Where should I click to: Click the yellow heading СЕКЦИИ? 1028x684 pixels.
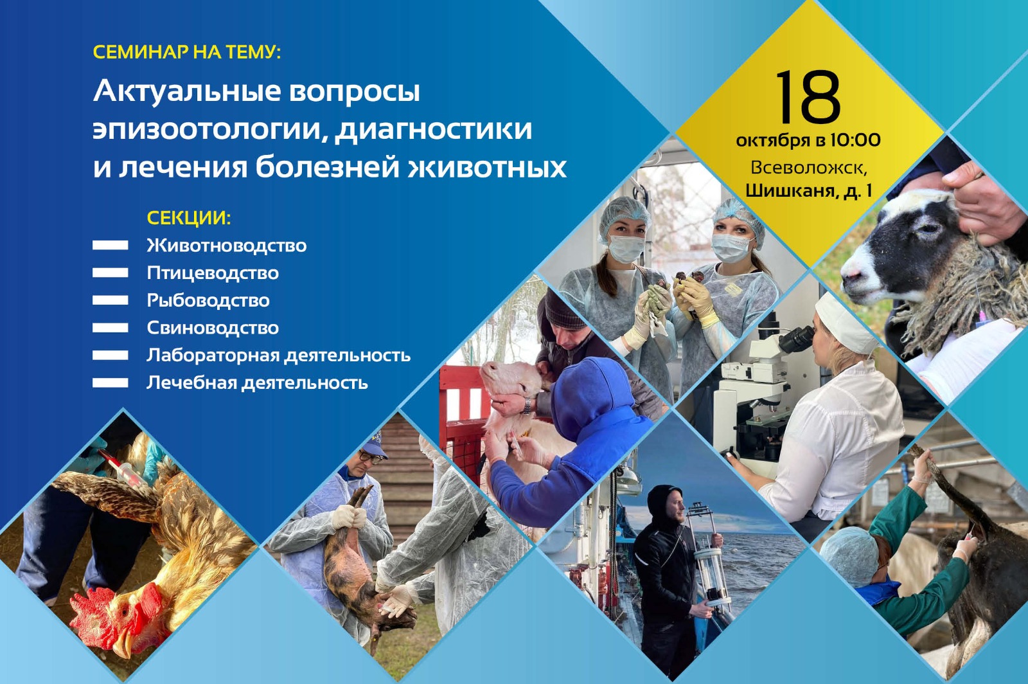click(x=189, y=217)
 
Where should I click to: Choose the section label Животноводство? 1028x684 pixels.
click(x=227, y=246)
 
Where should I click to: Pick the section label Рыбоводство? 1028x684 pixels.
click(x=208, y=301)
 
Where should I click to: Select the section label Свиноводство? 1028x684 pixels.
click(x=213, y=328)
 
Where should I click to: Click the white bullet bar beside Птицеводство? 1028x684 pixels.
click(x=110, y=273)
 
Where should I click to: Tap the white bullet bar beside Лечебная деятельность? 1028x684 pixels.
click(x=110, y=383)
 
